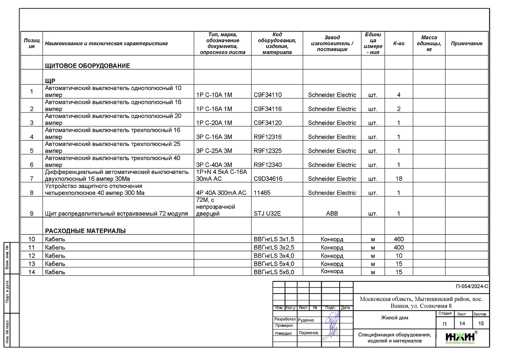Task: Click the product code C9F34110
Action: pyautogui.click(x=268, y=95)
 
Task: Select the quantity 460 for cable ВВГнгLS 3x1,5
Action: pyautogui.click(x=399, y=239)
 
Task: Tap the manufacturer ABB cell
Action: pyautogui.click(x=332, y=214)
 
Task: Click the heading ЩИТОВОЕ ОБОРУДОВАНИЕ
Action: pyautogui.click(x=87, y=66)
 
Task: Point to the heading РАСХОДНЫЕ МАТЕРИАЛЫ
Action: pyautogui.click(x=86, y=231)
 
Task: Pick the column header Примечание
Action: pyautogui.click(x=467, y=44)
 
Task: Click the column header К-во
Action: pyautogui.click(x=399, y=44)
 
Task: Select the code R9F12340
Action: pyautogui.click(x=268, y=165)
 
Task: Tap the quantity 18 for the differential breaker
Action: pyautogui.click(x=399, y=179)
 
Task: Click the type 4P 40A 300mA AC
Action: pyautogui.click(x=221, y=193)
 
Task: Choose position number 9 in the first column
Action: pyautogui.click(x=31, y=214)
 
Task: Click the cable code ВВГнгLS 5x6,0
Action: pyautogui.click(x=274, y=272)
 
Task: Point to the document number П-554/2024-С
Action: pyautogui.click(x=471, y=287)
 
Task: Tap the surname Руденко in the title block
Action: pyautogui.click(x=306, y=320)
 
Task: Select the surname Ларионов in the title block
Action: pyautogui.click(x=308, y=332)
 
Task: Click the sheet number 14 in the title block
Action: pyautogui.click(x=462, y=323)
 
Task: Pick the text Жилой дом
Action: pyautogui.click(x=395, y=318)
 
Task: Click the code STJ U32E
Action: pyautogui.click(x=268, y=214)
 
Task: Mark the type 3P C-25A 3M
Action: pyautogui.click(x=214, y=151)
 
